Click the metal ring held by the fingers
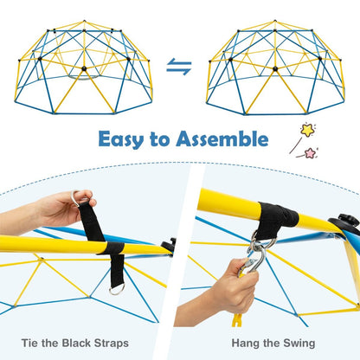point(83,197)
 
